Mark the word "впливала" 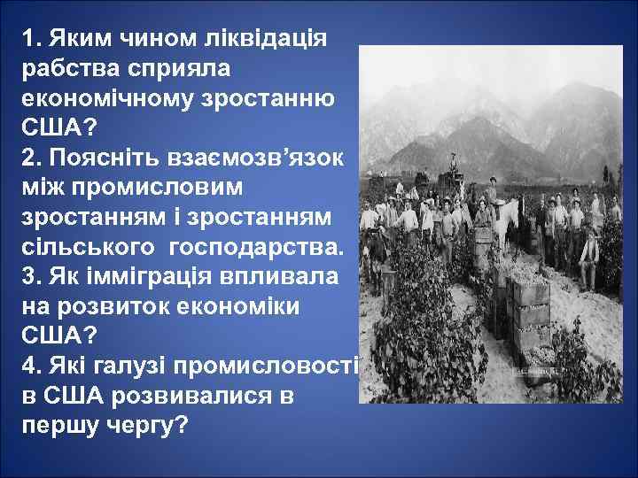tap(283, 276)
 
